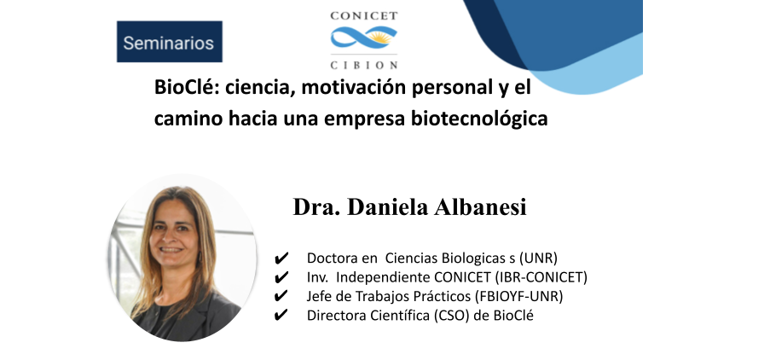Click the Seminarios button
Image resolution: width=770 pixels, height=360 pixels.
click(x=170, y=42)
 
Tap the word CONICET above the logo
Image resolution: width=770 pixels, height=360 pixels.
click(x=364, y=15)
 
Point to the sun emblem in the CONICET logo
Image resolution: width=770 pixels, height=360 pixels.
click(x=381, y=36)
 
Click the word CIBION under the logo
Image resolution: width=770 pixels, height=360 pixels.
click(x=364, y=65)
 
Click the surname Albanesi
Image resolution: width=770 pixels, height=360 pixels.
click(x=481, y=207)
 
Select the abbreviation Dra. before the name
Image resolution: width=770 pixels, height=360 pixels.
click(x=311, y=207)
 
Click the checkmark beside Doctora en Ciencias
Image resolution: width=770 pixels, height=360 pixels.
click(x=281, y=258)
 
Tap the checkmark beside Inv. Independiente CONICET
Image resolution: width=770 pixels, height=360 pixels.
click(x=281, y=277)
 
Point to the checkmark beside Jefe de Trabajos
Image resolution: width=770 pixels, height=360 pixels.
click(x=281, y=297)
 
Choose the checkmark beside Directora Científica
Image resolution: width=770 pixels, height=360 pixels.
click(x=281, y=316)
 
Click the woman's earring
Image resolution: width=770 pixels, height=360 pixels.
click(x=200, y=257)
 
